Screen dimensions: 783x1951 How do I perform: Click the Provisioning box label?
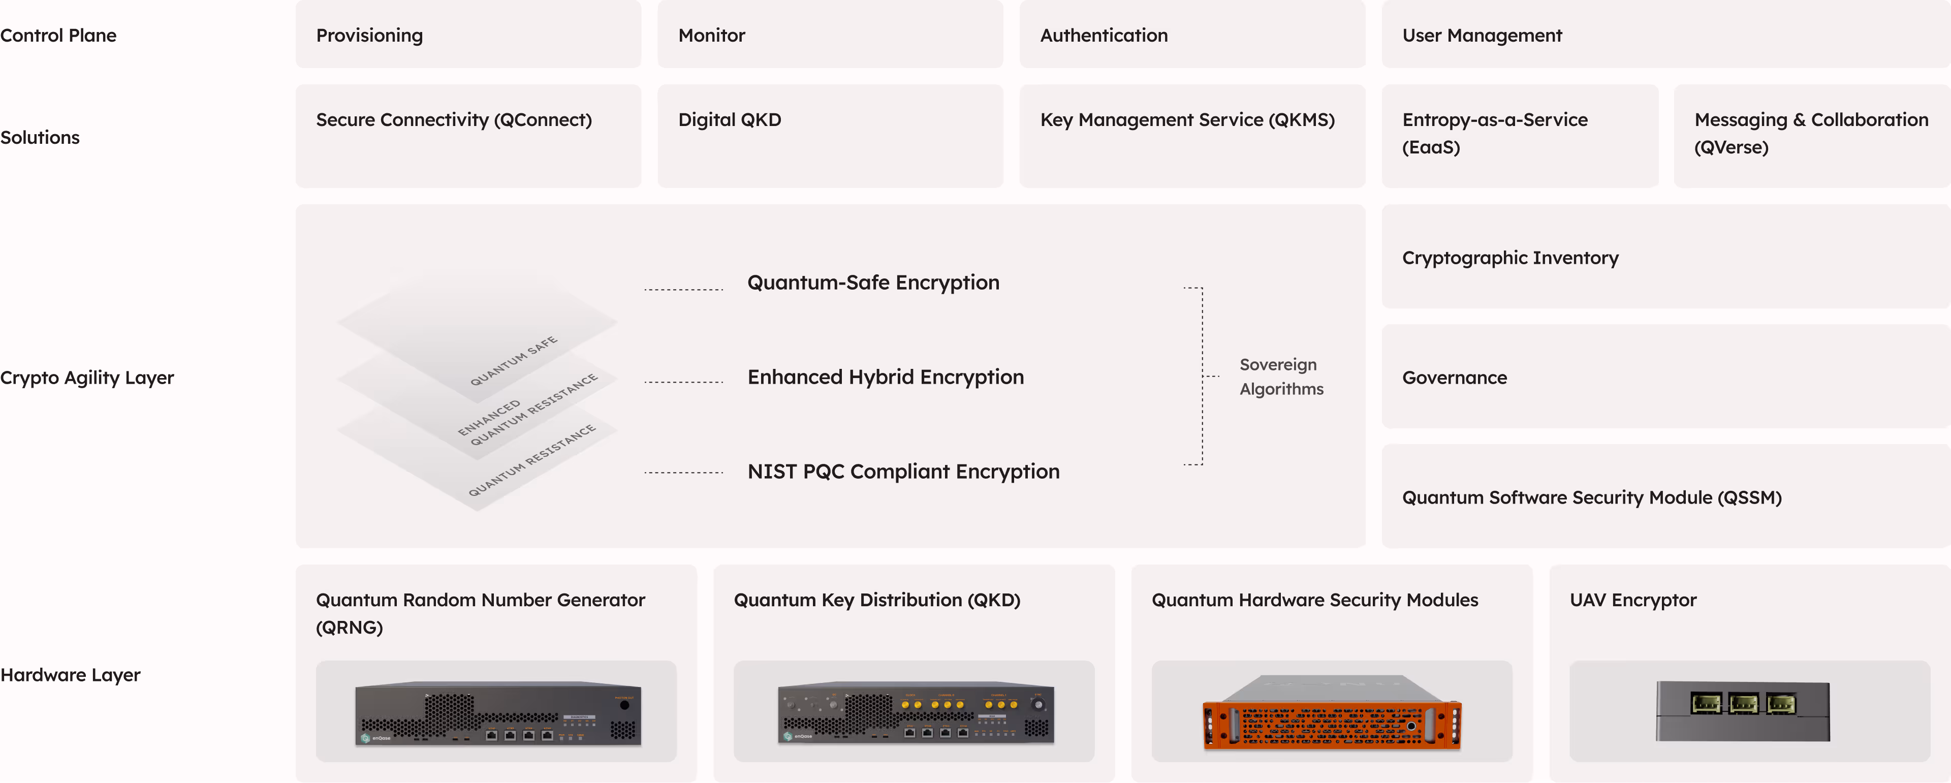tap(369, 36)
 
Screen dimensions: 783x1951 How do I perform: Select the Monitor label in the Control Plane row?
tap(711, 36)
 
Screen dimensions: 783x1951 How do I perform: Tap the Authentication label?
tap(1104, 36)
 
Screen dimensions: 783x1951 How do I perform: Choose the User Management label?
tap(1482, 36)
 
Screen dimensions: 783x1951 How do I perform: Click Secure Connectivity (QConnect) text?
tap(454, 119)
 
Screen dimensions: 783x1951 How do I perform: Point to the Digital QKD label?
tap(730, 119)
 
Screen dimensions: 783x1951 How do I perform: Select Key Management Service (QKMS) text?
tap(1187, 119)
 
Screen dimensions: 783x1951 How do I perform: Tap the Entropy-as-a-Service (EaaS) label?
tap(1494, 133)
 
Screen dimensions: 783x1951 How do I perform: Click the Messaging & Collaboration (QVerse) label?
tap(1811, 133)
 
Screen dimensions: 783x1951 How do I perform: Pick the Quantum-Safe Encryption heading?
tap(873, 283)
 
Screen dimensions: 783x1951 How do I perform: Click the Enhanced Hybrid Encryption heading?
tap(886, 377)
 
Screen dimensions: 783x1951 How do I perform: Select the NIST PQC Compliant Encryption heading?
tap(903, 472)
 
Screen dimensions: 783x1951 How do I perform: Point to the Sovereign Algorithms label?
tap(1281, 377)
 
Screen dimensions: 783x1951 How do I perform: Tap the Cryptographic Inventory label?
tap(1509, 258)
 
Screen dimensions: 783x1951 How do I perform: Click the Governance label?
tap(1454, 378)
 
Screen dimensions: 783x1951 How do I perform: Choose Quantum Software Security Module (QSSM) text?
tap(1591, 497)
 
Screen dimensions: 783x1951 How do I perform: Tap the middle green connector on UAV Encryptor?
tap(1743, 704)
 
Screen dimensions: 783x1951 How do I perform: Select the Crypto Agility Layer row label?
tap(87, 378)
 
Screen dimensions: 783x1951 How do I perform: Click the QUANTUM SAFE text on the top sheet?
tap(514, 360)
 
